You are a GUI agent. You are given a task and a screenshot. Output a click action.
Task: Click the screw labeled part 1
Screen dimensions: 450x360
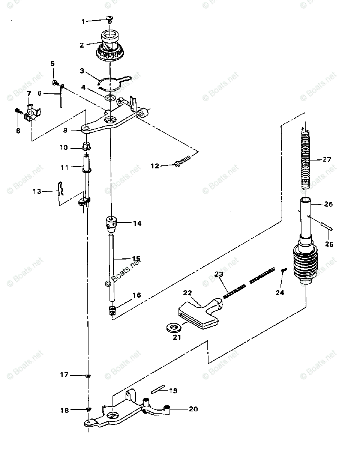(x=109, y=19)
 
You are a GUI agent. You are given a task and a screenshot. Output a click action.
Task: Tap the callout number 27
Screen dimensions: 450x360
(x=327, y=159)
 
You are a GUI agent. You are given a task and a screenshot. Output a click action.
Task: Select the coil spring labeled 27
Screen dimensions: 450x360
(x=306, y=157)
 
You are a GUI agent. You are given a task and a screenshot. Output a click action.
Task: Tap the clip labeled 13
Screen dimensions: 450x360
(x=61, y=189)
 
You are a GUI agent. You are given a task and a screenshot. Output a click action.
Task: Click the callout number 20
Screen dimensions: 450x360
(x=193, y=409)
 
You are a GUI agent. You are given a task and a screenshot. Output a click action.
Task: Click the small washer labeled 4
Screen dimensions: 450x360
(x=110, y=98)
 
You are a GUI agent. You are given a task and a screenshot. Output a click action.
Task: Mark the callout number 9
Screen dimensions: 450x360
(x=65, y=130)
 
